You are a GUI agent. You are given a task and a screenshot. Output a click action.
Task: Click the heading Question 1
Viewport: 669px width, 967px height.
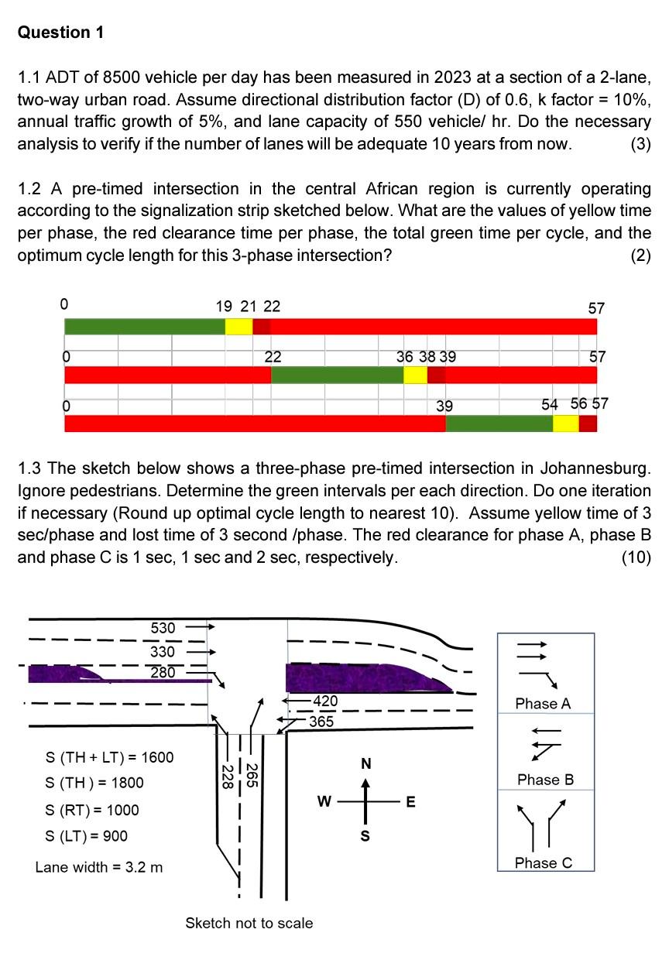coord(60,33)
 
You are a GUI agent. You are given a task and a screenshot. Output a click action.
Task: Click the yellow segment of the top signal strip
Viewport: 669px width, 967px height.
coord(238,326)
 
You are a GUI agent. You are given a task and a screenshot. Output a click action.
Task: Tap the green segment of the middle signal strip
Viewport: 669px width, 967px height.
coord(337,375)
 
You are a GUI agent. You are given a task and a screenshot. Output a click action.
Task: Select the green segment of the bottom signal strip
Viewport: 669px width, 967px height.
coord(499,423)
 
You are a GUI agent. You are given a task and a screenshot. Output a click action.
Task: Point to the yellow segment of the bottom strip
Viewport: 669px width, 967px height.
coord(565,423)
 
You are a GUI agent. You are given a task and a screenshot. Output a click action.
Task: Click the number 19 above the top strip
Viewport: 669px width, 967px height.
coord(224,307)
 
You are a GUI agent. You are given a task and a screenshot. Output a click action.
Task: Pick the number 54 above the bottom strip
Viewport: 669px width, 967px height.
coord(550,404)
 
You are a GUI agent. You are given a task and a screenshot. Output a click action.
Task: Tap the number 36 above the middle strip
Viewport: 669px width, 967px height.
coord(404,357)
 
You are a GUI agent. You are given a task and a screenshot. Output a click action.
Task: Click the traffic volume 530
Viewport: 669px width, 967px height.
coord(163,627)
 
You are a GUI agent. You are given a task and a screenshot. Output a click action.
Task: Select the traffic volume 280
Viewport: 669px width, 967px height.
coord(163,672)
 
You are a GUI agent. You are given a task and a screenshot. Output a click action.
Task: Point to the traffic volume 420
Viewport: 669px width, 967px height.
coord(324,701)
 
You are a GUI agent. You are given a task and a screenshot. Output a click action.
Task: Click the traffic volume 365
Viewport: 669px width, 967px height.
coord(321,721)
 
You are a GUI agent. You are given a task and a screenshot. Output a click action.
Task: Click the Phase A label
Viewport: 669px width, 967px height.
coord(543,704)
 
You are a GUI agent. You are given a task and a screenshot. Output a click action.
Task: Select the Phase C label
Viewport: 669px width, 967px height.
coord(544,862)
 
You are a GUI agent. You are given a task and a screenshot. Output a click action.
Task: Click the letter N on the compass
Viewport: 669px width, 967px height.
coord(366,764)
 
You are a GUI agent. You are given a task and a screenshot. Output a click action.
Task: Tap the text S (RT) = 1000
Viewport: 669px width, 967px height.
coord(93,810)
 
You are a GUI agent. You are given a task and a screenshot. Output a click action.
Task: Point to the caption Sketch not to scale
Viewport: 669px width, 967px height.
coord(249,923)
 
